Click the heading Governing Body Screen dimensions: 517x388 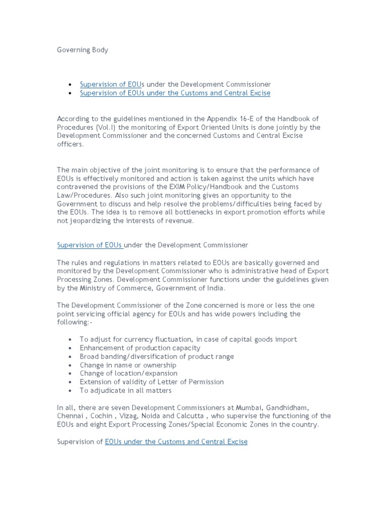point(82,50)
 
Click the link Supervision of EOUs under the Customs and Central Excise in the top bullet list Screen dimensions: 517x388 point(175,93)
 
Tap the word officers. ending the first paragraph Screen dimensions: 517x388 point(71,144)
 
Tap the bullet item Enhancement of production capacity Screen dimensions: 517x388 point(140,348)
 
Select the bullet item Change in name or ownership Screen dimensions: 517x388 point(128,365)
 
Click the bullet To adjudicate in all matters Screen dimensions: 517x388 point(126,390)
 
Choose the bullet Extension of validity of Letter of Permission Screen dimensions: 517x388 point(152,382)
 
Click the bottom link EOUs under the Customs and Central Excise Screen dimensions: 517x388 point(176,442)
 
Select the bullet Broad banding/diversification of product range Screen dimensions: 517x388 point(157,356)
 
